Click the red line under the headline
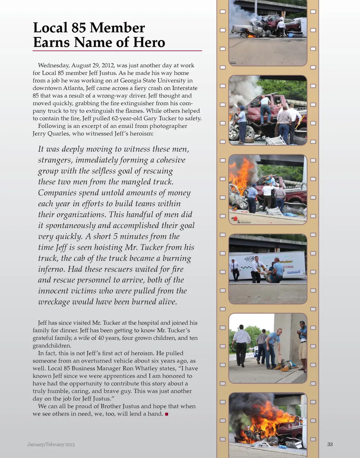coord(117,51)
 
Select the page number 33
coord(330,445)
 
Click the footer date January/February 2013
coord(51,445)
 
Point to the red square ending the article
coord(166,414)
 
